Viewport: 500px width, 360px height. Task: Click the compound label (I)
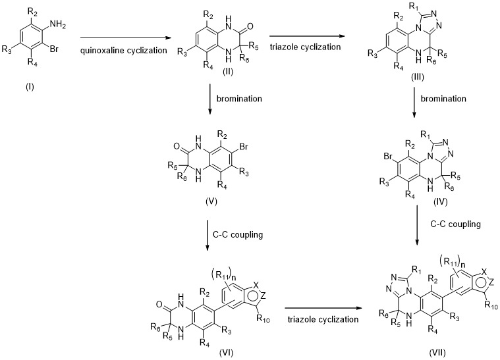coord(30,87)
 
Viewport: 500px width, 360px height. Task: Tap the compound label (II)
coord(228,72)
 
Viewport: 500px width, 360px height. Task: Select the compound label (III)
coord(418,77)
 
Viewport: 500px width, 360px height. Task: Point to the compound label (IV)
coord(440,201)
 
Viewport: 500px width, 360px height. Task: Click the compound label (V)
coord(211,201)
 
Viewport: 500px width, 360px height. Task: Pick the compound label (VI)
coord(227,352)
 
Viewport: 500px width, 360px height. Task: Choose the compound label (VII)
coord(437,352)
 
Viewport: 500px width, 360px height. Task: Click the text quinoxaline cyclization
coord(124,50)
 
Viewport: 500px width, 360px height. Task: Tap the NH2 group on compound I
coord(58,25)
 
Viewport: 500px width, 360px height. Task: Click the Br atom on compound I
coord(54,49)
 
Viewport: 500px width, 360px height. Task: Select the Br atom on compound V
coord(244,147)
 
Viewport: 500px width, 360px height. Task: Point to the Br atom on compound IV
coord(388,157)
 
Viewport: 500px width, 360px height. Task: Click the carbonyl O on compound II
coord(250,26)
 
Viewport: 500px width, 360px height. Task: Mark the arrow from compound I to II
coord(126,38)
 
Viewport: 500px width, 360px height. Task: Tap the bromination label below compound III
coord(443,99)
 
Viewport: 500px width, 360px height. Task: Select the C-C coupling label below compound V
coord(238,235)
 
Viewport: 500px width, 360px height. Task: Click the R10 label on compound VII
coord(491,305)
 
